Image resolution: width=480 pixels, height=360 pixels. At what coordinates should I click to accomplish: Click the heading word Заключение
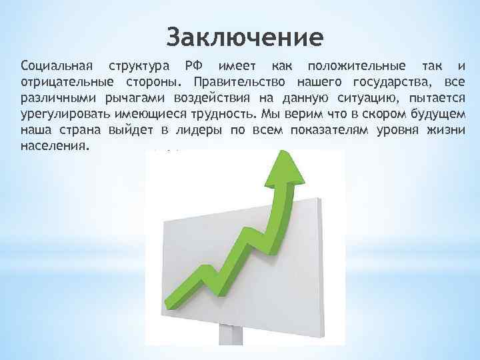(244, 35)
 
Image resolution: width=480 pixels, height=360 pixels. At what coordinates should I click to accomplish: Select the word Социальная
(57, 67)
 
